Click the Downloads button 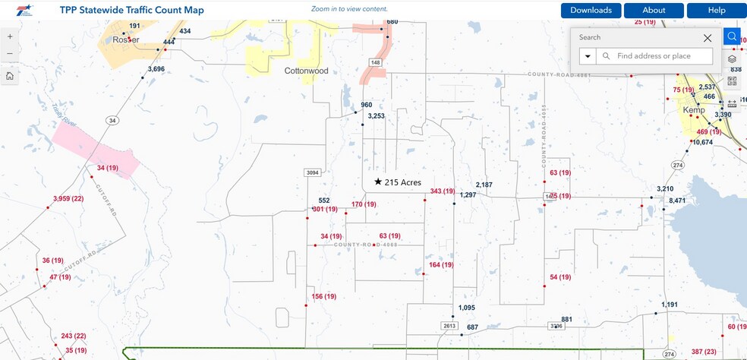[591, 11]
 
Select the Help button [717, 11]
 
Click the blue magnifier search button [732, 36]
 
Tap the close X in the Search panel [708, 37]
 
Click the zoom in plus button [9, 36]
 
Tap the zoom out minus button [9, 54]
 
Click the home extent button [9, 76]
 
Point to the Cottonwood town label [306, 71]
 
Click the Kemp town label [694, 110]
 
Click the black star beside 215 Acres [378, 182]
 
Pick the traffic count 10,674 [702, 143]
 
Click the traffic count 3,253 [376, 116]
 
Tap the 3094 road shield [312, 173]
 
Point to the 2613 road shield [449, 326]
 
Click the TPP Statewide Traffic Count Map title [131, 11]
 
